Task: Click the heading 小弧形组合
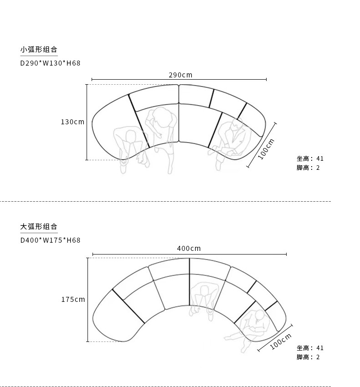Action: (x=39, y=50)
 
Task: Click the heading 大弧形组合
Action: (x=39, y=227)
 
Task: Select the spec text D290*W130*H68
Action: (x=51, y=63)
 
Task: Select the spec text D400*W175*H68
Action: (x=51, y=240)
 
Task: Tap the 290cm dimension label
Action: (x=180, y=75)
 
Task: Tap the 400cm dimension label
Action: (x=189, y=249)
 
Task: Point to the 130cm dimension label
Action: (x=72, y=122)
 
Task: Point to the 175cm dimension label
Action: (x=73, y=300)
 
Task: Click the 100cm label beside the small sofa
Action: (x=266, y=149)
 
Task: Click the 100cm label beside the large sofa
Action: (x=280, y=341)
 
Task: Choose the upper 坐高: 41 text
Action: (x=310, y=158)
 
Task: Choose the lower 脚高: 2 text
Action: (x=308, y=357)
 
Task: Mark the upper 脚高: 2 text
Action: (x=308, y=168)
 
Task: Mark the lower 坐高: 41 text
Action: (x=310, y=348)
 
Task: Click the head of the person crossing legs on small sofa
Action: (x=237, y=125)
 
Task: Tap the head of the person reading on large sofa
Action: (x=260, y=315)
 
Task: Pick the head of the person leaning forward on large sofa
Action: (x=204, y=291)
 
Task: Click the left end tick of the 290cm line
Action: (x=92, y=80)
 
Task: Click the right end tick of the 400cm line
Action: (x=286, y=254)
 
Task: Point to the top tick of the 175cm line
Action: (x=87, y=258)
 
